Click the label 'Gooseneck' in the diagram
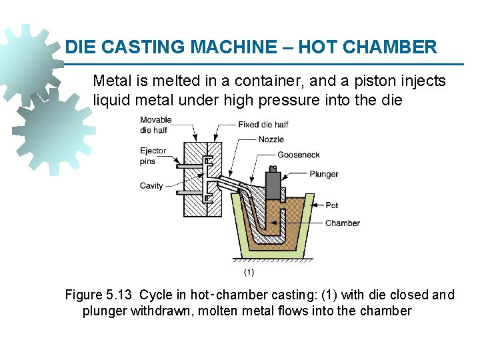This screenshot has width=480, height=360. tap(299, 155)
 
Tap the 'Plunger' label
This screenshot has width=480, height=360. tap(324, 174)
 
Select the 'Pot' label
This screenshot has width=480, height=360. tap(332, 205)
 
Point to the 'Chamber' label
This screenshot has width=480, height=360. tap(342, 223)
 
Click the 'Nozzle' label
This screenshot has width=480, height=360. tap(271, 139)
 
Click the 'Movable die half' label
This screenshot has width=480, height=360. tap(155, 125)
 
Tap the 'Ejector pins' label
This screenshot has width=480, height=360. tap(153, 155)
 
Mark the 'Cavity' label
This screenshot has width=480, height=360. tap(151, 186)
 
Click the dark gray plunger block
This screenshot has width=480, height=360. tap(273, 183)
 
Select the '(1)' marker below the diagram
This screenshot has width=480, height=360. tap(248, 271)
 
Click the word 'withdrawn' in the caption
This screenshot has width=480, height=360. tap(163, 311)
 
